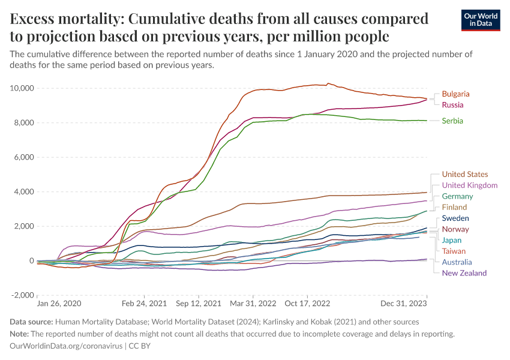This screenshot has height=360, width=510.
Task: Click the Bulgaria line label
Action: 455,94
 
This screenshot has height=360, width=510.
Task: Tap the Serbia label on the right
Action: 452,121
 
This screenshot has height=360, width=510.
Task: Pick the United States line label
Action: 465,175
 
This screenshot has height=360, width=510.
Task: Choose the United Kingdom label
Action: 469,185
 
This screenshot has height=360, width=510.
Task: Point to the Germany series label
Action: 457,196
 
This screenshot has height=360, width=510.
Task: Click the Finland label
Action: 454,208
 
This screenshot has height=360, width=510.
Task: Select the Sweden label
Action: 455,218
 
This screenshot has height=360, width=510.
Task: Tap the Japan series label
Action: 452,241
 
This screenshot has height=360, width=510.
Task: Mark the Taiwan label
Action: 454,251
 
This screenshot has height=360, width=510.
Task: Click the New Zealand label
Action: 464,274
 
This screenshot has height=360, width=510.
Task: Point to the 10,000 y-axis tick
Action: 21,89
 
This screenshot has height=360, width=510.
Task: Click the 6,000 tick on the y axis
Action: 23,158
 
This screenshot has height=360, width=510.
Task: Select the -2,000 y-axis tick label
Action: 22,295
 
